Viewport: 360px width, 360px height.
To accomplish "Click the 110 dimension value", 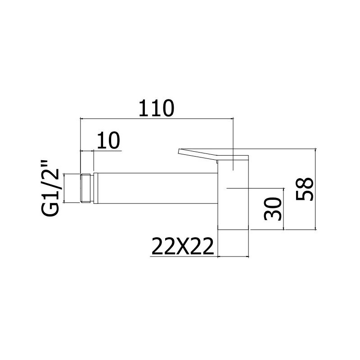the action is click(x=156, y=108).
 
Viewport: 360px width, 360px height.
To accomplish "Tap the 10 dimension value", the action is click(x=108, y=140).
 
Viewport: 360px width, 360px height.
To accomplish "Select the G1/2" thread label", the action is click(x=50, y=188).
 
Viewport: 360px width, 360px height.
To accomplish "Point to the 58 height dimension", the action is click(x=305, y=189).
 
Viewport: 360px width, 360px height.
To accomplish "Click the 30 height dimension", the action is click(x=273, y=209).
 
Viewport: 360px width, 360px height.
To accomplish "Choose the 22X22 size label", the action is click(x=183, y=246).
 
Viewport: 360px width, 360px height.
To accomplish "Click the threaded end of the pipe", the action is click(x=86, y=188).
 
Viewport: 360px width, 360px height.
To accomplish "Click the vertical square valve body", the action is click(x=233, y=195).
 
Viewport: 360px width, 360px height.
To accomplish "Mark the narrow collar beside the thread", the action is click(x=95, y=188).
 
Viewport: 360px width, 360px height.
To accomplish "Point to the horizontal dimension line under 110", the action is click(x=156, y=119).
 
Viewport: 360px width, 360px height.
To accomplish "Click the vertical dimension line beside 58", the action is click(x=316, y=189).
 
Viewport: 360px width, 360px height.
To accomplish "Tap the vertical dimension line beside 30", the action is click(x=284, y=209).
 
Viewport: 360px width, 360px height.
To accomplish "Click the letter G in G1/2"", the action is click(x=50, y=209).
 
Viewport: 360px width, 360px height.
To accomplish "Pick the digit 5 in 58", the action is click(x=305, y=195).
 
